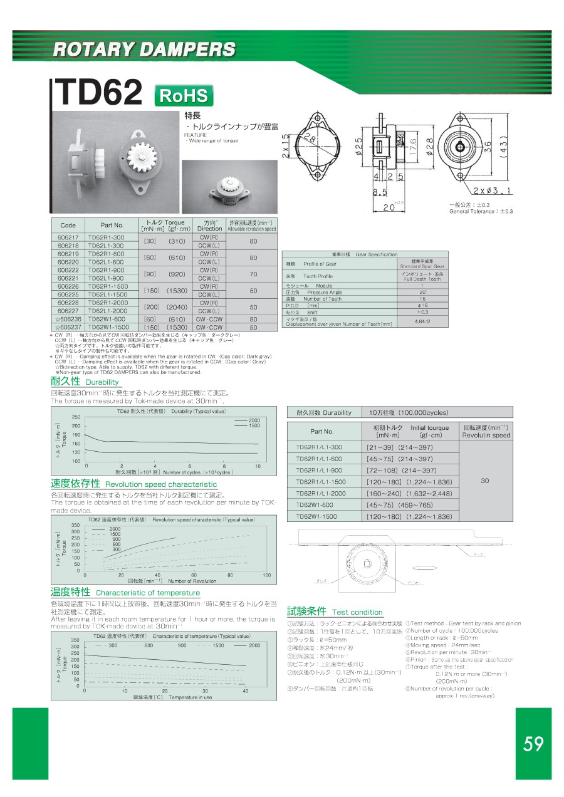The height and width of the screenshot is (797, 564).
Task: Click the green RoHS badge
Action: pyautogui.click(x=184, y=96)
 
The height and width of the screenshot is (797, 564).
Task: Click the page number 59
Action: pyautogui.click(x=533, y=744)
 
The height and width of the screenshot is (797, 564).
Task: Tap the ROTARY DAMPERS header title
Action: pyautogui.click(x=144, y=49)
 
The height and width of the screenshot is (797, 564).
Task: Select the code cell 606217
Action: pyautogui.click(x=68, y=237)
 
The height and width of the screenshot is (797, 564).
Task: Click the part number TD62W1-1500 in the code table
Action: pyautogui.click(x=108, y=327)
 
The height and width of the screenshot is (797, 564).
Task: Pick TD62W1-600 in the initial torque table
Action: pyautogui.click(x=316, y=504)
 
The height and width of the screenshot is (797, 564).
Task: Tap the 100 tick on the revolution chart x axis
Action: pyautogui.click(x=266, y=575)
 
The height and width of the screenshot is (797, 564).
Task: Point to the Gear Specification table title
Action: pyautogui.click(x=367, y=254)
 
